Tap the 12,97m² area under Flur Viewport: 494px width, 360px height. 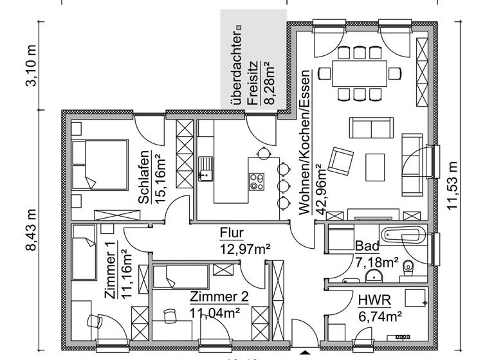pos(244,248)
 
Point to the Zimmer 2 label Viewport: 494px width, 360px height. pos(219,297)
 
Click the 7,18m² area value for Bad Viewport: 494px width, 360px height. pos(376,262)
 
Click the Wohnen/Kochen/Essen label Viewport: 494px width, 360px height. pos(305,141)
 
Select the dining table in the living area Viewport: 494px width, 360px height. pos(360,73)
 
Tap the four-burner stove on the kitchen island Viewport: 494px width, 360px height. pos(256,182)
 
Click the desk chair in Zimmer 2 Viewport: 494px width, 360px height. pos(170,315)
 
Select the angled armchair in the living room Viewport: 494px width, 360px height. pos(341,160)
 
